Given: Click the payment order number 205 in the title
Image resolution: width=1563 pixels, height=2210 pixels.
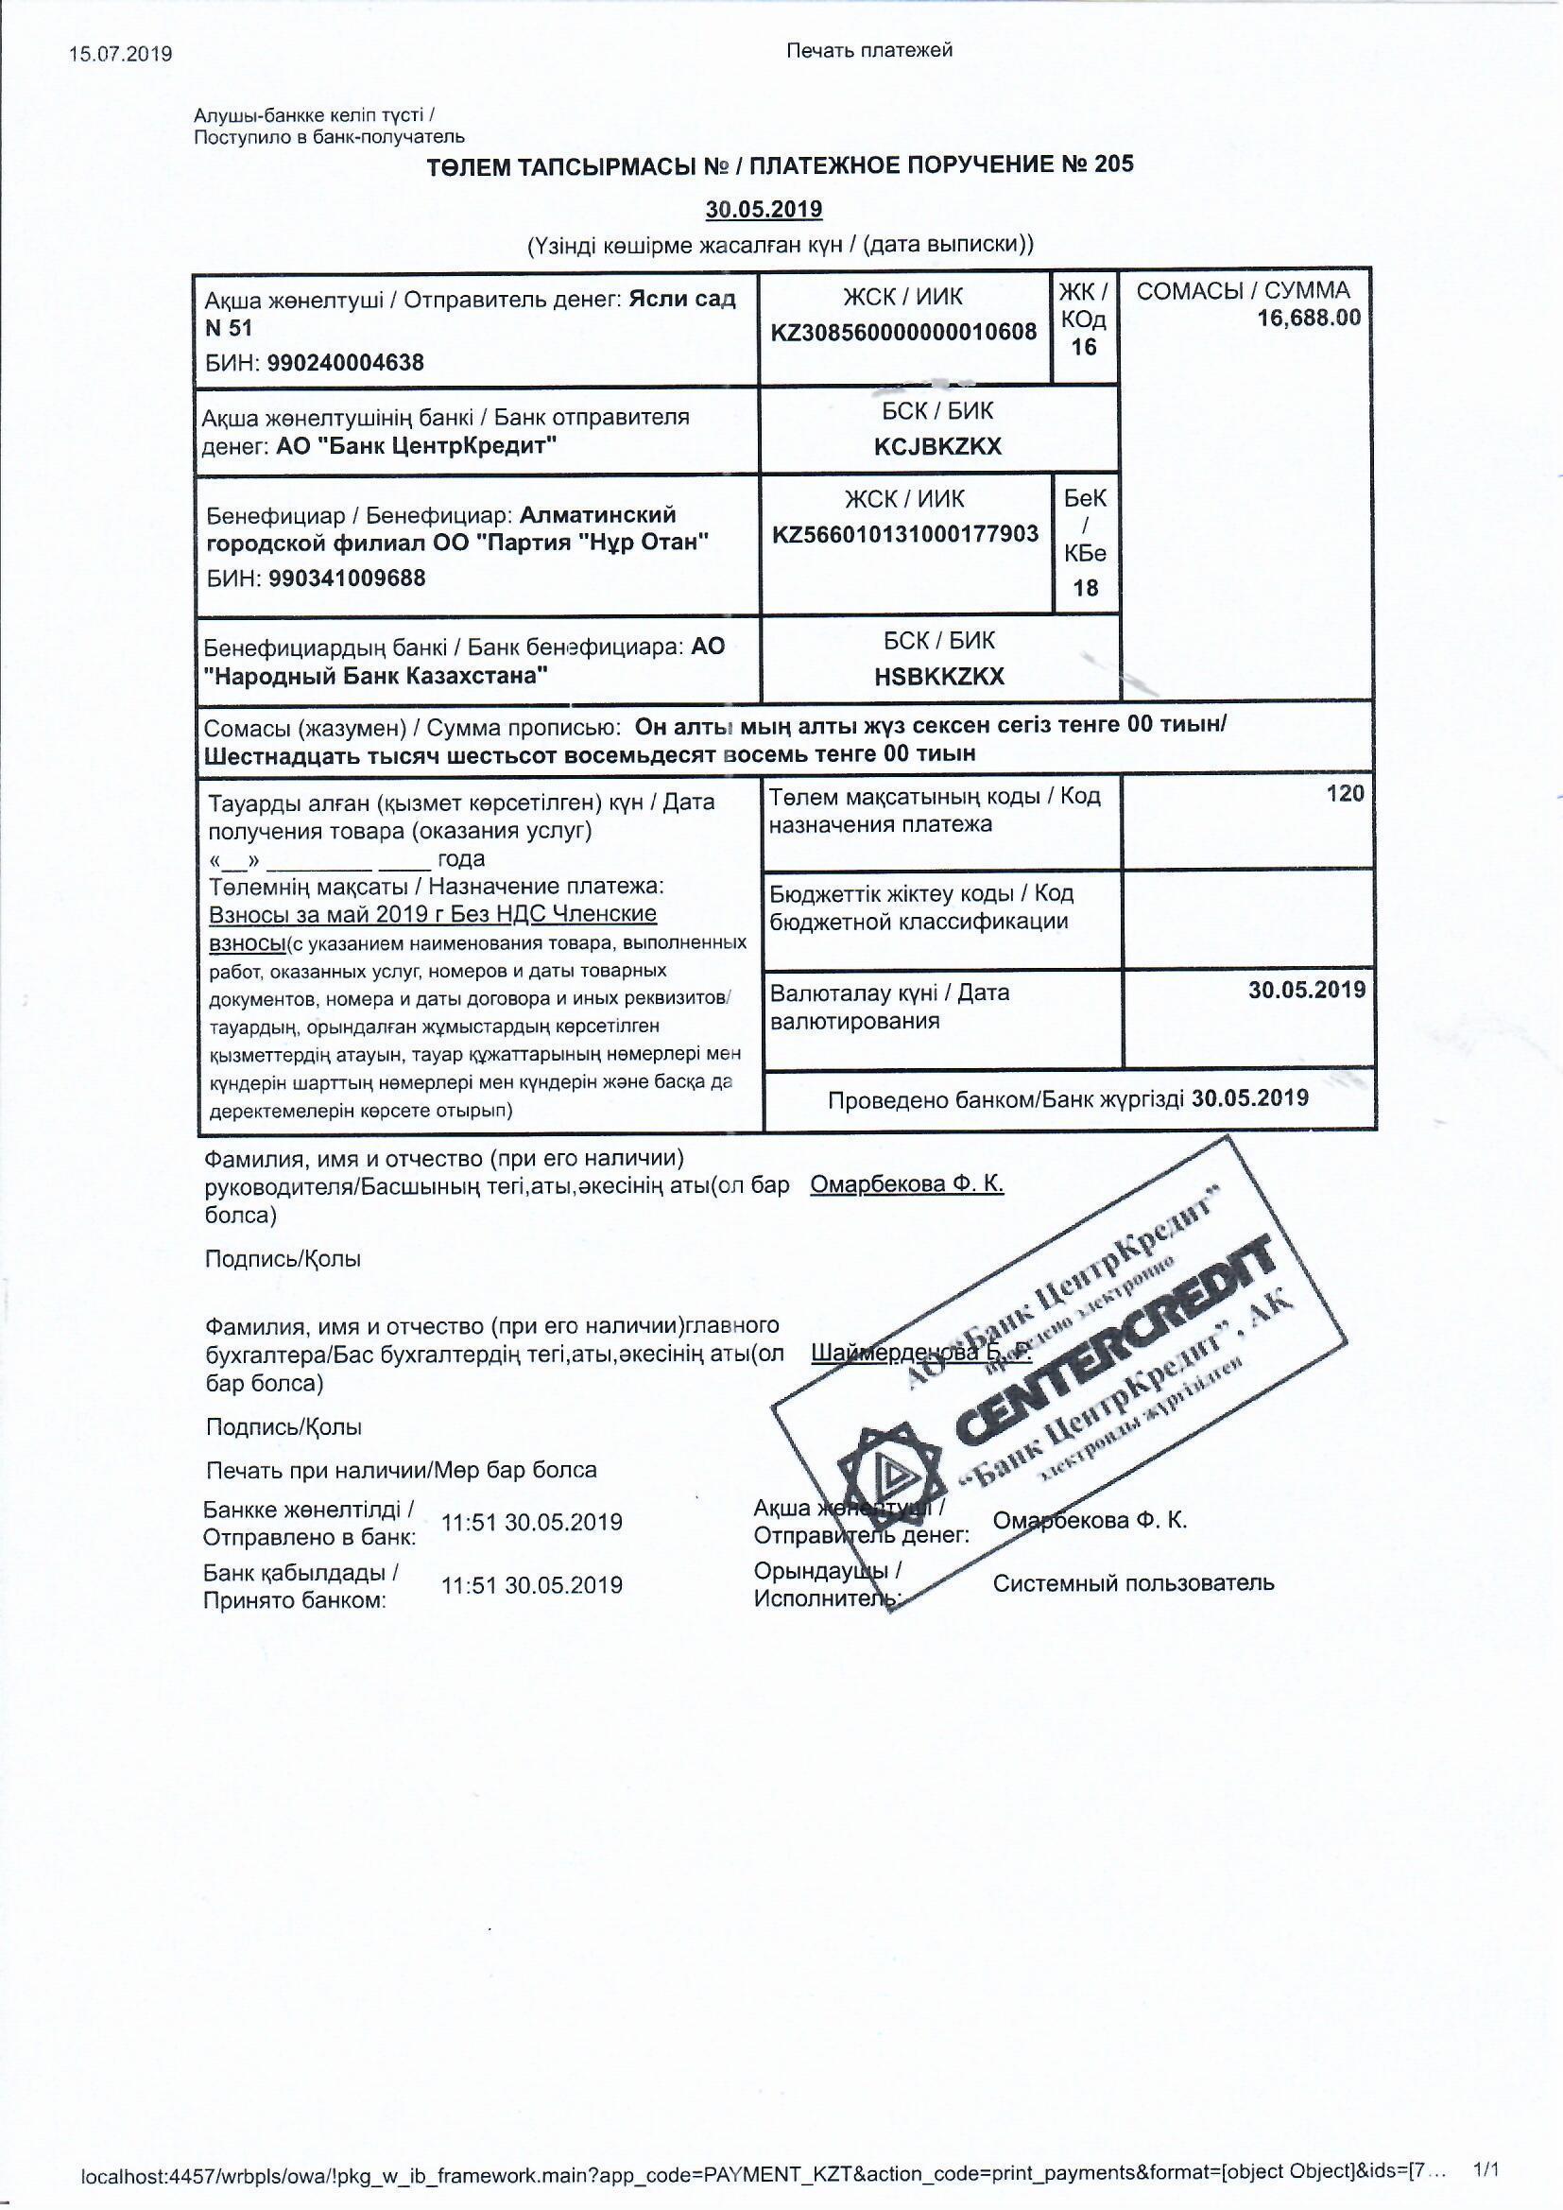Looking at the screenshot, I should (1112, 164).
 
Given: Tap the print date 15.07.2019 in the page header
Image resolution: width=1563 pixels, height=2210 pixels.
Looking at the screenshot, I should (121, 54).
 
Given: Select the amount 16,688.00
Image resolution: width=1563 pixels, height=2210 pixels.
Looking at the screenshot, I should (1309, 318).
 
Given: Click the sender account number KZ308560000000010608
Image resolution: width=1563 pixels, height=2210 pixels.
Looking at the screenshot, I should (903, 332).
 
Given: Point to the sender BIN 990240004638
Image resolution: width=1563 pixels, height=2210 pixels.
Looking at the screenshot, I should (346, 363).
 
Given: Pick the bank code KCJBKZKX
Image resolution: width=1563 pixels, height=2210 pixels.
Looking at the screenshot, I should (938, 446).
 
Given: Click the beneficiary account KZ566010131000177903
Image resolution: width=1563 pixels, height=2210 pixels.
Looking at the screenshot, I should (904, 534).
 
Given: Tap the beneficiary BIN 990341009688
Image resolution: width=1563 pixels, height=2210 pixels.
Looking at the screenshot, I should (348, 578).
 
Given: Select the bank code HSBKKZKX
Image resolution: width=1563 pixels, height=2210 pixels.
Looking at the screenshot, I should (939, 677).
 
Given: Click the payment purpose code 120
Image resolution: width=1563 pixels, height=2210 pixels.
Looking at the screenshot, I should (1346, 793).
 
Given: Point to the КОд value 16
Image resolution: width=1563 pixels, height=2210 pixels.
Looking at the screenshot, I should (1084, 348).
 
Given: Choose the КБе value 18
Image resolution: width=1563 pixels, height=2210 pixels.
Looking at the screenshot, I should (1086, 588).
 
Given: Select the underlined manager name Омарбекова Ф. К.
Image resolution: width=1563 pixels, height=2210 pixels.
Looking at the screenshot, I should (906, 1185).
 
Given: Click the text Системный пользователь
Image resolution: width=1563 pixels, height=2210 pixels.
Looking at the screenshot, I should (1133, 1583).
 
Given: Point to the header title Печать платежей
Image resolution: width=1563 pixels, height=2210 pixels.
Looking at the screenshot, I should (869, 50).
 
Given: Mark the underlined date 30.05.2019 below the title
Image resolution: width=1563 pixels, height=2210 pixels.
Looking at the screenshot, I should (764, 210).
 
